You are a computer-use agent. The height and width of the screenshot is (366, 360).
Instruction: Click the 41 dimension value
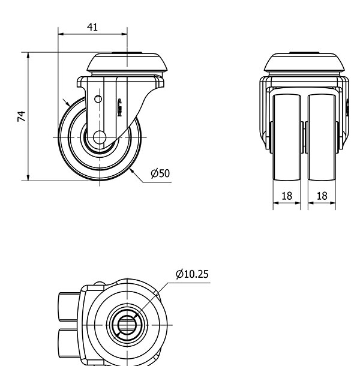pos(92,28)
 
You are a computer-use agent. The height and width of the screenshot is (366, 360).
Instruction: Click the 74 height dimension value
pos(21,116)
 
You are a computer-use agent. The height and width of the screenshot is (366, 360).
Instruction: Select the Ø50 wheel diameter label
pos(160,173)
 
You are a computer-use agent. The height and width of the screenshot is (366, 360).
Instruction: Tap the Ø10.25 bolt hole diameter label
pos(192,274)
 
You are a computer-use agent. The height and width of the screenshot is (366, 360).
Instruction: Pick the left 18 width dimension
pos(287,196)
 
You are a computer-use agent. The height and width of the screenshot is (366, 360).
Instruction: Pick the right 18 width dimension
pos(322,196)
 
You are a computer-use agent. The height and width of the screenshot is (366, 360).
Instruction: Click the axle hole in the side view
pos(100,137)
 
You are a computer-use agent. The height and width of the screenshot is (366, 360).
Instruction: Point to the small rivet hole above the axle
pos(98,99)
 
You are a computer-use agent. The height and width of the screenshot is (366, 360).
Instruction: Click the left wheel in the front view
pos(287,137)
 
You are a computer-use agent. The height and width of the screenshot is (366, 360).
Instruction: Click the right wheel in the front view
pos(322,137)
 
